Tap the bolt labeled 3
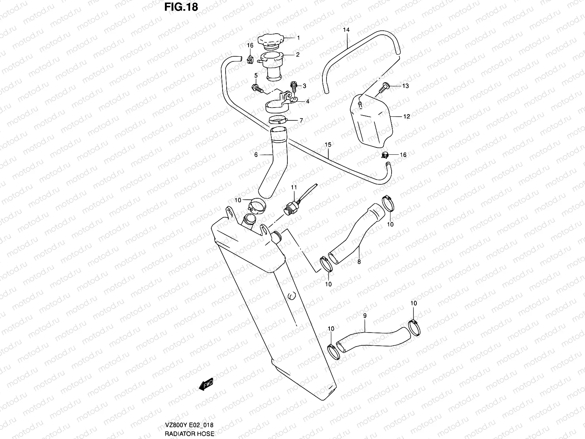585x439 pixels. (x=293, y=86)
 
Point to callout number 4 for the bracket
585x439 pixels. (x=307, y=101)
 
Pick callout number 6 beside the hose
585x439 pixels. (x=256, y=155)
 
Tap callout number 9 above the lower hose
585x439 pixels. (x=365, y=315)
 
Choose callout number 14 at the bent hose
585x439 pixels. (x=346, y=30)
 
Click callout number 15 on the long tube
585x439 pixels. (x=328, y=145)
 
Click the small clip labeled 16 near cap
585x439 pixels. (x=250, y=59)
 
